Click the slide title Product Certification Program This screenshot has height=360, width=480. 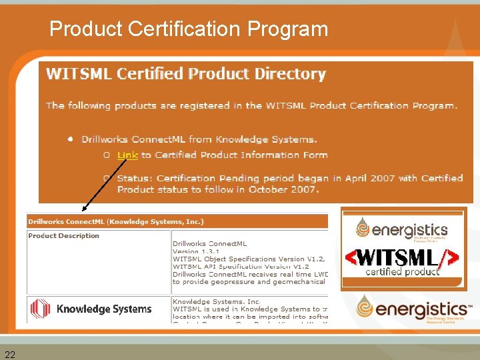(x=189, y=29)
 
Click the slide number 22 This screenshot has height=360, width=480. (x=10, y=353)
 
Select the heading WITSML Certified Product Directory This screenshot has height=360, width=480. (x=185, y=74)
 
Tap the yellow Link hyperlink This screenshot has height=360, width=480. (x=127, y=155)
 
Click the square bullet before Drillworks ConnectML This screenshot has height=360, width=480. (x=70, y=139)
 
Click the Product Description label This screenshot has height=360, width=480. (x=63, y=235)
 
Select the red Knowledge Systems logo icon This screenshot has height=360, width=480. (x=41, y=309)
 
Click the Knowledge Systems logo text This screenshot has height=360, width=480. (x=104, y=309)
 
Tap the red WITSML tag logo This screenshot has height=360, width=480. (x=402, y=257)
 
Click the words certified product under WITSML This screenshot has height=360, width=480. (x=402, y=271)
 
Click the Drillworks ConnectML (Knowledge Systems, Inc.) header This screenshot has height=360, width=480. (x=116, y=222)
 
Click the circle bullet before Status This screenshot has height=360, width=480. (x=107, y=178)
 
